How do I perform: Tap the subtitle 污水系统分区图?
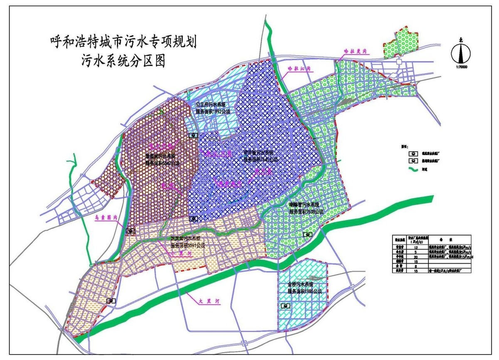tap(124, 61)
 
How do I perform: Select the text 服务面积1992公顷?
tap(213, 112)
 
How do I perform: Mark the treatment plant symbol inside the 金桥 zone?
tap(286, 306)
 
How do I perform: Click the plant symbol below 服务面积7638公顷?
tap(307, 234)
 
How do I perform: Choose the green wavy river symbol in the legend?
tap(413, 170)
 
